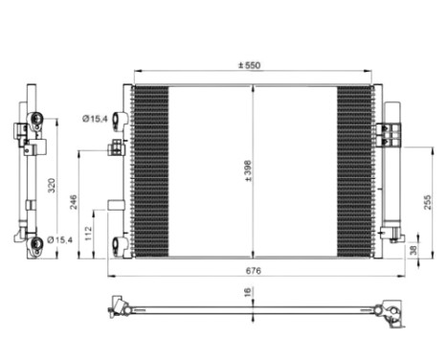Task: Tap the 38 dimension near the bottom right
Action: click(413, 250)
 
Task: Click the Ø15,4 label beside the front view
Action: click(94, 119)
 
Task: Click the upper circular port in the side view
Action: click(36, 120)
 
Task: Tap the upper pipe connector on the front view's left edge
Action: click(121, 120)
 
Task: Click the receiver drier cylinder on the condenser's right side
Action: click(390, 172)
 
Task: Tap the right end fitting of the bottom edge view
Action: click(391, 307)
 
